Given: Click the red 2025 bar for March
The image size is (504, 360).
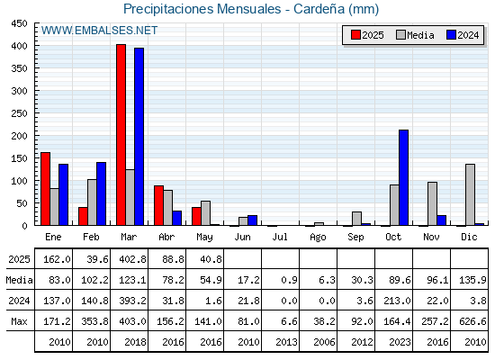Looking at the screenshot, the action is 121,135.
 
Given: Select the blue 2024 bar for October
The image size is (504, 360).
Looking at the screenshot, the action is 404,178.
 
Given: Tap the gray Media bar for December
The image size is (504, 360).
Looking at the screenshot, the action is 470,194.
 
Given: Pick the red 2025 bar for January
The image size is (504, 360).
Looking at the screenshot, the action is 45,189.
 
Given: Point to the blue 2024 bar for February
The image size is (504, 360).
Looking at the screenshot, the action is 101,193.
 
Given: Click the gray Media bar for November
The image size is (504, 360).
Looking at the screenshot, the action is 432,203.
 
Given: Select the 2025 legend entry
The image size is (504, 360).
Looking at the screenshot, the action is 367,35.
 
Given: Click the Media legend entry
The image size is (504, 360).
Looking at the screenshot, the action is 415,35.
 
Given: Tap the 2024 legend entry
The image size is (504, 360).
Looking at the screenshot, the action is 463,35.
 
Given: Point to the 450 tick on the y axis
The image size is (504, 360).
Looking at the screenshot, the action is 19,23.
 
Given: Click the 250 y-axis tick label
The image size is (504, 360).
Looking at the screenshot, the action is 19,113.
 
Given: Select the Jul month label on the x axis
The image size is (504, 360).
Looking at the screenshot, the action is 280,238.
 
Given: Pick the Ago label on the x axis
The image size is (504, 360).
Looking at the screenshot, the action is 318,238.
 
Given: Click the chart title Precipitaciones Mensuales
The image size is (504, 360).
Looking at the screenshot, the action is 202,9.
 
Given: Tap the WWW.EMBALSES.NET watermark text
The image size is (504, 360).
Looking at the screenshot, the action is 99,31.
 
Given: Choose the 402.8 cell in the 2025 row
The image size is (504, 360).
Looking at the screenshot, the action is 132,259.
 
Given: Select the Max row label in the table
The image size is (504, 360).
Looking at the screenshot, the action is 19,321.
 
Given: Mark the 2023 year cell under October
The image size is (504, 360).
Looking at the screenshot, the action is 400,342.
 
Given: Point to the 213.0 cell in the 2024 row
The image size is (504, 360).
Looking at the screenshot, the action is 397,301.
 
